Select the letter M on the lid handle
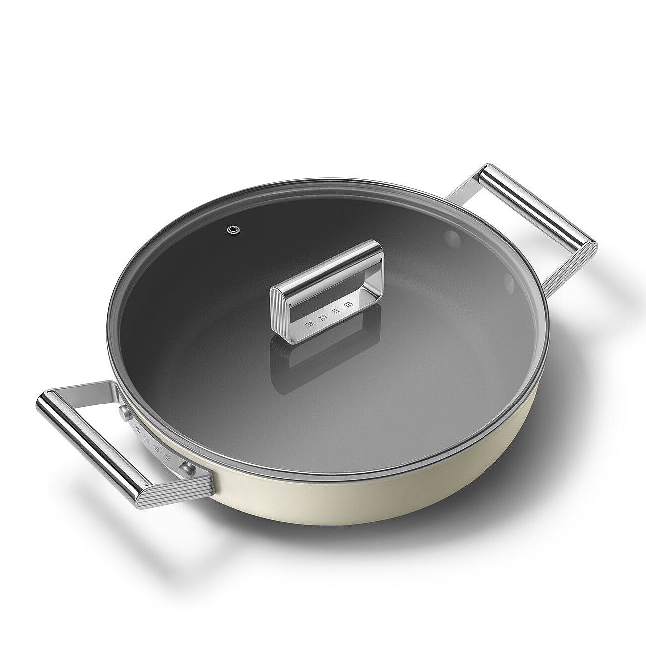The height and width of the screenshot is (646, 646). click(325, 317)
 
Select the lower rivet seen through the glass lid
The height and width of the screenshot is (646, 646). click(508, 283)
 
